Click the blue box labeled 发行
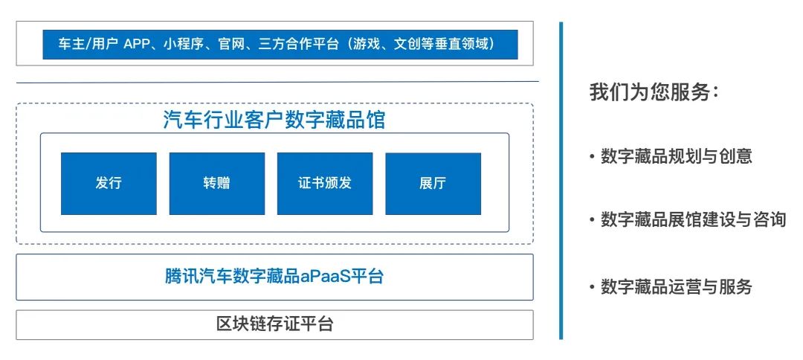(x=109, y=184)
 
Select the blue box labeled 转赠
(x=216, y=184)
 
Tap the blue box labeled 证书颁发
(x=325, y=184)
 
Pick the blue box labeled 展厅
(x=433, y=184)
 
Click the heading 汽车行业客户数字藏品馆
(x=274, y=120)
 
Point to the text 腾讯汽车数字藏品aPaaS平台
(x=274, y=277)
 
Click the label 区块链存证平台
(x=274, y=324)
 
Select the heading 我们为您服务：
(x=654, y=92)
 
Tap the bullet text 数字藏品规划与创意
(x=676, y=156)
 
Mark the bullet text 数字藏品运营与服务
(x=676, y=286)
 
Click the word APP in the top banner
(x=137, y=45)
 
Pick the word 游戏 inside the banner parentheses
(x=365, y=45)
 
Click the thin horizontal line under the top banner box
(x=277, y=82)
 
